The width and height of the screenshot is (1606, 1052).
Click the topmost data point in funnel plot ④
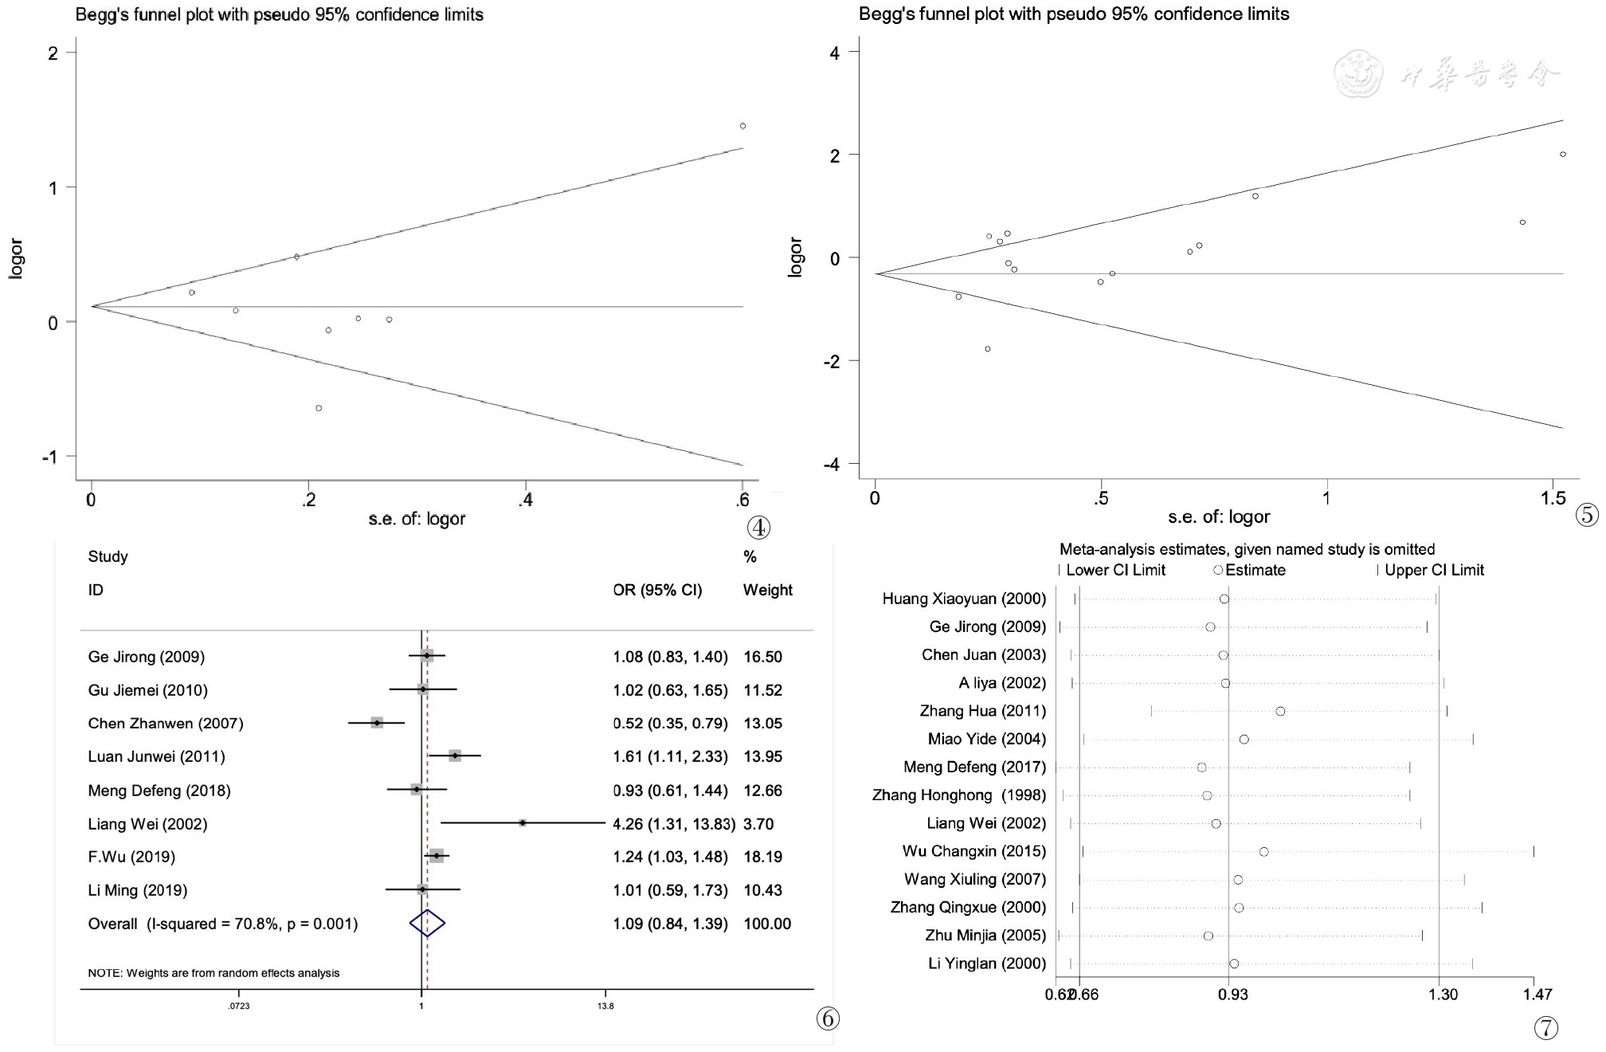point(742,126)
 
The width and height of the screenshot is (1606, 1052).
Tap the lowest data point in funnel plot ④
point(319,408)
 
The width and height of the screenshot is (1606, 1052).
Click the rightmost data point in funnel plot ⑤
point(1563,155)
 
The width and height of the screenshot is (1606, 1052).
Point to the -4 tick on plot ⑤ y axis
point(834,465)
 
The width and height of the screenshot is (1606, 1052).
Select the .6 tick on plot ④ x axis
point(742,500)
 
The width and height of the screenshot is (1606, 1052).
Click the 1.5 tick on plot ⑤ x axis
point(1553,499)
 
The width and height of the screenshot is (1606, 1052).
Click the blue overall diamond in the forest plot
point(427,923)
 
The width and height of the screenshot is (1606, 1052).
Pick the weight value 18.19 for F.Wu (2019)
point(762,857)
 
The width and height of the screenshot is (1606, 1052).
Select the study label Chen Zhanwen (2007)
point(166,724)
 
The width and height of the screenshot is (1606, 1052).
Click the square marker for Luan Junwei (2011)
point(455,756)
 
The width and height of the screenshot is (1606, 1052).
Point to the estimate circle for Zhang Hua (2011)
point(1280,711)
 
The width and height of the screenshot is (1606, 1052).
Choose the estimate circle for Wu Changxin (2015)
point(1263,852)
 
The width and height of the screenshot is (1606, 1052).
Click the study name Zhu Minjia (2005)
point(985,936)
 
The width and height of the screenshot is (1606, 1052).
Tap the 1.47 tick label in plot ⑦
point(1537,995)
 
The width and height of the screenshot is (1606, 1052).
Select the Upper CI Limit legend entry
point(1433,570)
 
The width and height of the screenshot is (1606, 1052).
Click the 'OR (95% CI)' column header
point(657,591)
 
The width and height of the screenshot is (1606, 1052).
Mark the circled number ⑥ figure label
point(828,1018)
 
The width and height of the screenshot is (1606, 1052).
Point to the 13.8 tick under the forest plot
point(605,1006)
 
